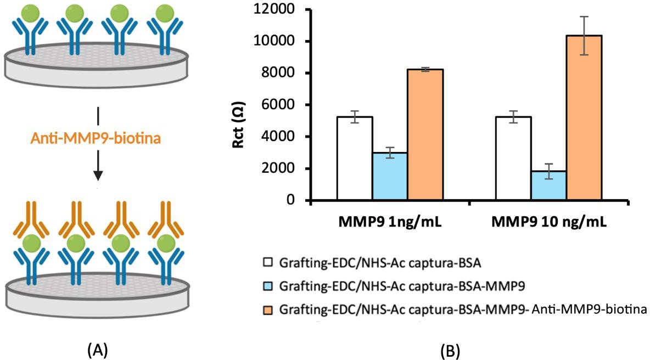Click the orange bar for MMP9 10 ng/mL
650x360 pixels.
pyautogui.click(x=584, y=118)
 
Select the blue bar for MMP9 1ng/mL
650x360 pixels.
pyautogui.click(x=390, y=177)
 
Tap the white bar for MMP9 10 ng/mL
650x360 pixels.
pyautogui.click(x=514, y=159)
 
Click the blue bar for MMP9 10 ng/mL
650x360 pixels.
pyautogui.click(x=549, y=186)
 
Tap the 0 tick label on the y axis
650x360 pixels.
pyautogui.click(x=293, y=200)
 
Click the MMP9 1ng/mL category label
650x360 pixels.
pyautogui.click(x=390, y=222)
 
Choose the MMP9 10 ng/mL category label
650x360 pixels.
pyautogui.click(x=549, y=222)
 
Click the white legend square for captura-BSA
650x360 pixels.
pyautogui.click(x=268, y=263)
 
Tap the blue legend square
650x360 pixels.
pyautogui.click(x=268, y=286)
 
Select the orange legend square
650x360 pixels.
pyautogui.click(x=268, y=310)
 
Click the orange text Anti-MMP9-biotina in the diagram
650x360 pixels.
pyautogui.click(x=96, y=138)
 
